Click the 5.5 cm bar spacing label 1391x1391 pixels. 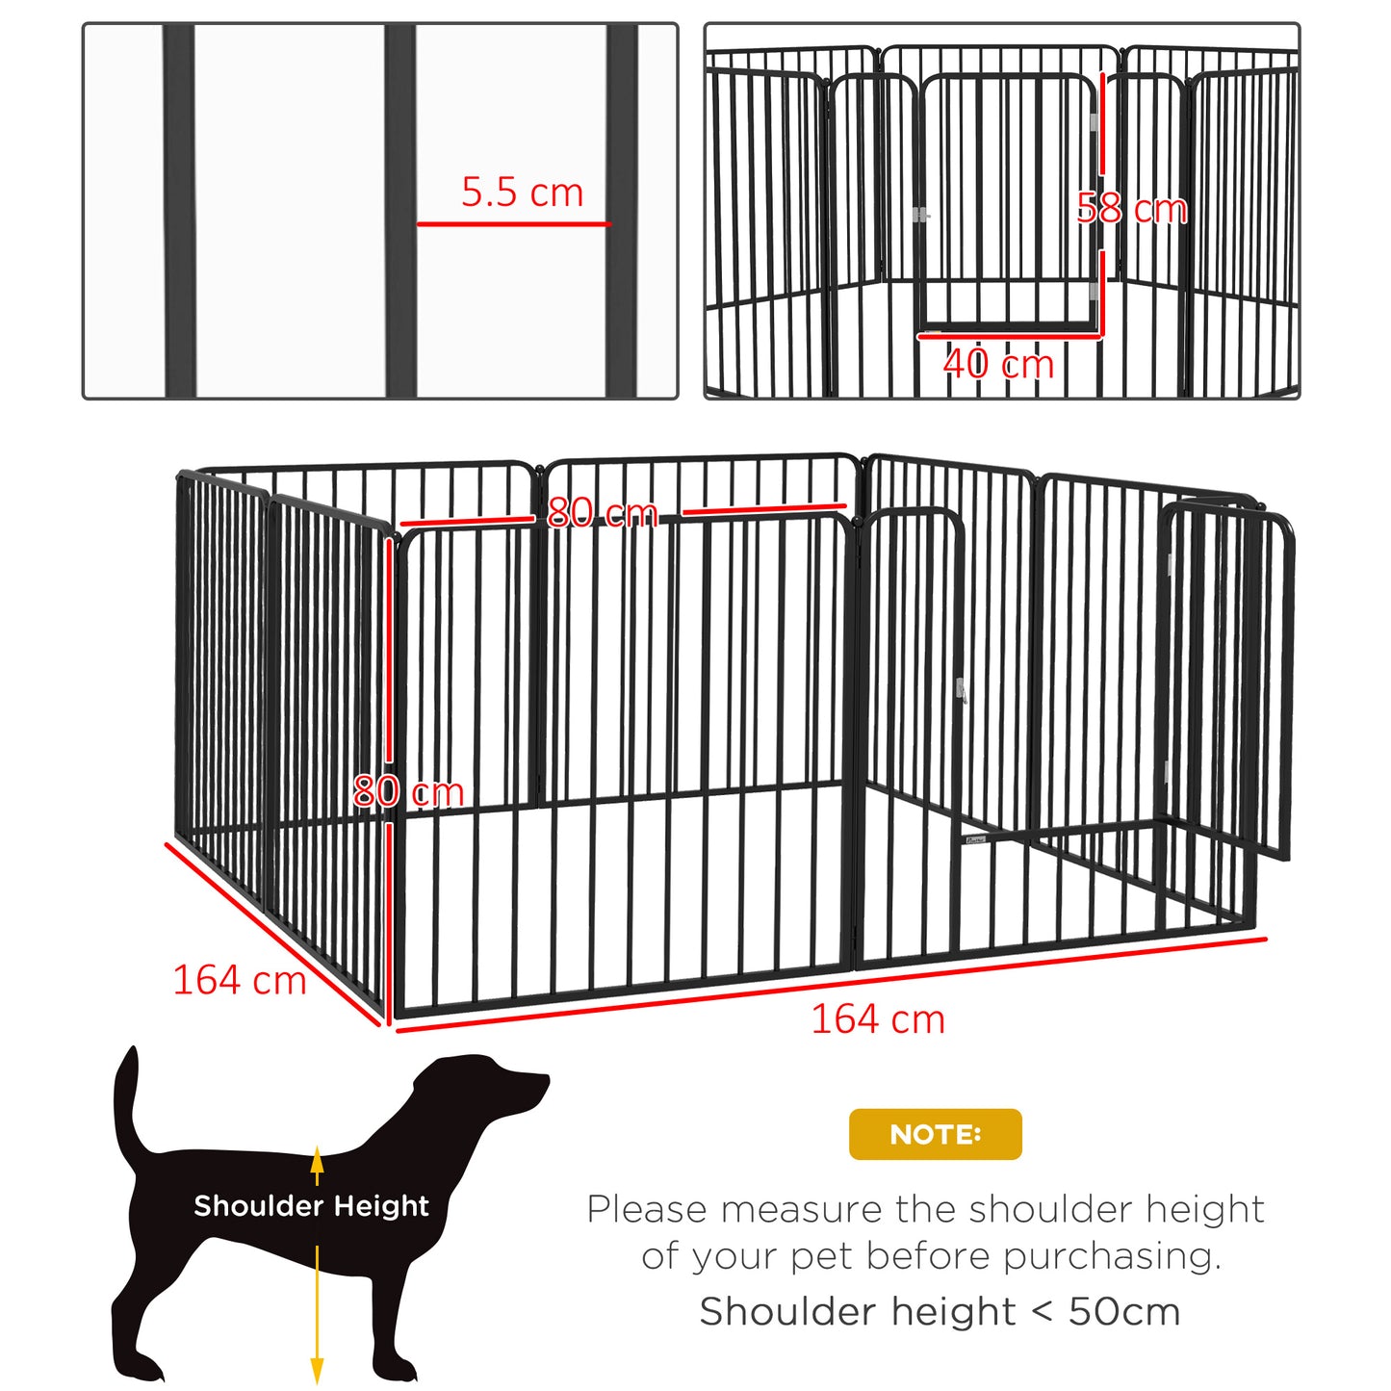522,193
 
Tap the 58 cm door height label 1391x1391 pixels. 1132,209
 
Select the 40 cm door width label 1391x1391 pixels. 998,364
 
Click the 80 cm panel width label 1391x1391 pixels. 602,512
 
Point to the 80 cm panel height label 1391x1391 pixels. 408,791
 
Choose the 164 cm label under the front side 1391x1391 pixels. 878,1019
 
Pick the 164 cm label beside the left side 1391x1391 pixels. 239,981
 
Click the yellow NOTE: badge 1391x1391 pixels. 935,1134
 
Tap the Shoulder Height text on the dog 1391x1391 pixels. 311,1206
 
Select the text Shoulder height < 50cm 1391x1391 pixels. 940,1311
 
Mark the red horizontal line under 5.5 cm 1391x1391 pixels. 513,224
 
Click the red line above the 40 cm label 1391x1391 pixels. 1008,336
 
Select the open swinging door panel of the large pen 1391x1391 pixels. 1227,674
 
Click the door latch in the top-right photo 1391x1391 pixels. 920,215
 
